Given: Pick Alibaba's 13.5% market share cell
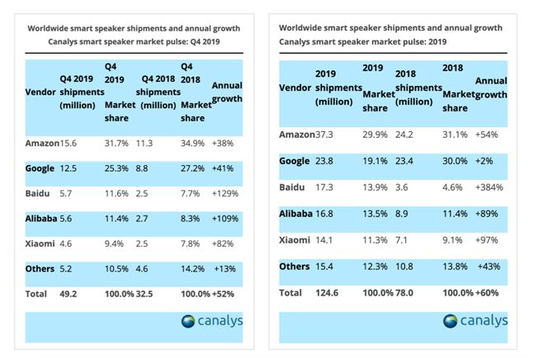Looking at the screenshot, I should tap(376, 213).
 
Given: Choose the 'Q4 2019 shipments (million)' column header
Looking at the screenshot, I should tap(78, 92).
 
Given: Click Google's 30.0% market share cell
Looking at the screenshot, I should tap(456, 161).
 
